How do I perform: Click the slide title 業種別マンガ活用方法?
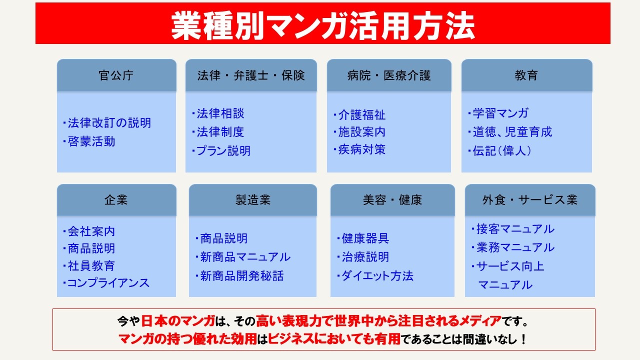coord(323,25)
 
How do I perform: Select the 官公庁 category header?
coord(116,75)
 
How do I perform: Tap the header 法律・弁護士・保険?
coord(251,75)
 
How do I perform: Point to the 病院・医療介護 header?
coord(389,75)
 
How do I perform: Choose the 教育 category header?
coord(526,75)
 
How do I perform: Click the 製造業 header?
coord(253,199)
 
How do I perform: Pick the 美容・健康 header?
coord(392,199)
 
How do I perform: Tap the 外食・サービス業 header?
coord(530,199)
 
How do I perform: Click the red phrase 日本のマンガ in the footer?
coord(178,321)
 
